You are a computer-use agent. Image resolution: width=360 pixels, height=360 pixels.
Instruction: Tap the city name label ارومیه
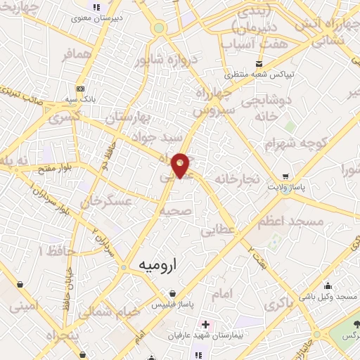click(156, 266)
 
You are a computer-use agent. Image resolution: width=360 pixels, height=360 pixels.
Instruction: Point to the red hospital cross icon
click(205, 326)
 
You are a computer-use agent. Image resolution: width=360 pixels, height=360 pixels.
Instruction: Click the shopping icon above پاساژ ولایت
click(285, 176)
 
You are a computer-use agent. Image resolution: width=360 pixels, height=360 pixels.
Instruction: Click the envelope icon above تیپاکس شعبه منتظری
click(240, 64)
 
